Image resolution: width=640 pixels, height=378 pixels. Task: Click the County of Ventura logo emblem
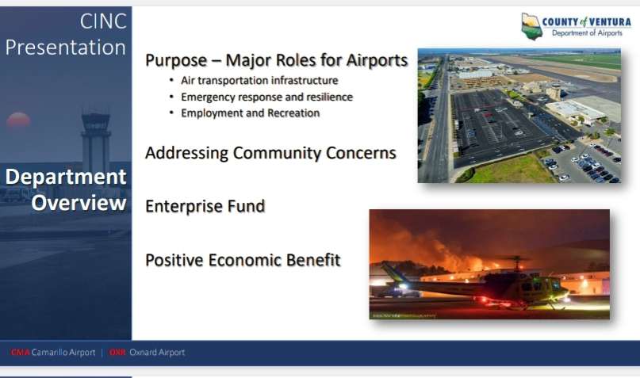pos(531,26)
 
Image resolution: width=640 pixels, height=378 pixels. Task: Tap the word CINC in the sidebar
pos(103,21)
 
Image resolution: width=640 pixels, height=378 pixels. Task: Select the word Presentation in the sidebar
pos(66,48)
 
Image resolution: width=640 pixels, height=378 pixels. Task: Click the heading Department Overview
pos(66,189)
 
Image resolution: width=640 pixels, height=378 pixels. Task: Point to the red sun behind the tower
pos(18,120)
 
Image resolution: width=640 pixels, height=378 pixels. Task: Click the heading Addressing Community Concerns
pos(270,153)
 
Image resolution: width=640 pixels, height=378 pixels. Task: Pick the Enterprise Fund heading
pos(205,206)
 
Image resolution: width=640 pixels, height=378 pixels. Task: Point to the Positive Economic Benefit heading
pos(243,260)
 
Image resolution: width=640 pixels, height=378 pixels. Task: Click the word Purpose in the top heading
pos(176,60)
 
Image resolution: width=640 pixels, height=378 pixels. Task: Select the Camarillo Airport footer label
pos(63,353)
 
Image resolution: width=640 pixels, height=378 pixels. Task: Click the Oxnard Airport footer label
pos(157,353)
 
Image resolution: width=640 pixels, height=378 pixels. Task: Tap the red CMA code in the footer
pos(20,353)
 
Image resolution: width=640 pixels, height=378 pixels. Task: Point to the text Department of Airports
pos(587,33)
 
